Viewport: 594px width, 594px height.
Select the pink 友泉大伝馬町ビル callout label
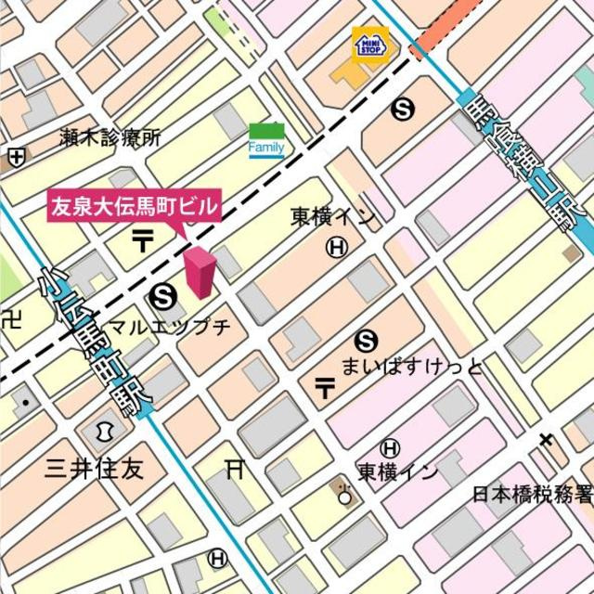click(x=135, y=205)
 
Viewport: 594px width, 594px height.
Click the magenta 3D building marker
click(x=199, y=272)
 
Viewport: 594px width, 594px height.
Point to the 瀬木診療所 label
click(x=110, y=138)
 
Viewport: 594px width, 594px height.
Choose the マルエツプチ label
click(x=169, y=327)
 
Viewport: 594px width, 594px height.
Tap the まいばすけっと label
click(x=412, y=367)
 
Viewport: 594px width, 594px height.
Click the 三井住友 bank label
click(x=95, y=468)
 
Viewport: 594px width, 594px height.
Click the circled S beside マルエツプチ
click(x=161, y=296)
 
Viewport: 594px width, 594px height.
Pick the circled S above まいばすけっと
click(x=368, y=341)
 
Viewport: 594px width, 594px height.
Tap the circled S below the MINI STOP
click(x=403, y=110)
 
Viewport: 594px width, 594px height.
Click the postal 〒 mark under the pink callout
click(x=143, y=240)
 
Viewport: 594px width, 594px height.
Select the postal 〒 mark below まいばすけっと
click(x=325, y=388)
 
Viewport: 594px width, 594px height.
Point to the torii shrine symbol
click(x=235, y=470)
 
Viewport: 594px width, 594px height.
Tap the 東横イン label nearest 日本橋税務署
click(x=398, y=471)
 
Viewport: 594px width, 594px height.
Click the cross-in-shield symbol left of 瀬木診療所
click(x=16, y=157)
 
